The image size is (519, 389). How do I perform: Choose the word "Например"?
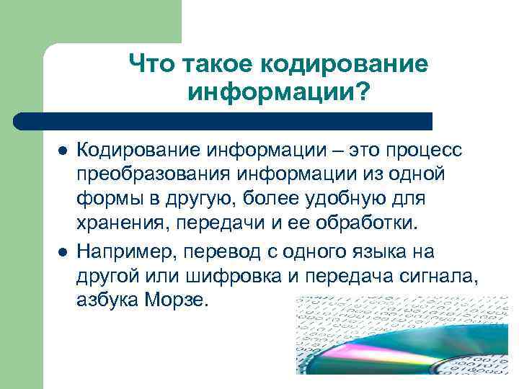[x=125, y=253]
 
